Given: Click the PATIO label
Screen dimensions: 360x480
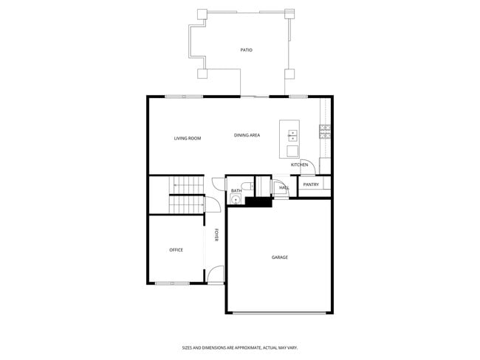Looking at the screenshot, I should tap(246, 50).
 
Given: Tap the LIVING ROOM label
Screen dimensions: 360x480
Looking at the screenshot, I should tap(188, 138).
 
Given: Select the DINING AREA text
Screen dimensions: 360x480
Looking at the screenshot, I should tap(247, 135).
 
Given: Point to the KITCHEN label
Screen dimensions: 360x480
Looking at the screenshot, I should tap(299, 165).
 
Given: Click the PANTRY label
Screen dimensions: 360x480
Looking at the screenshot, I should tap(311, 184).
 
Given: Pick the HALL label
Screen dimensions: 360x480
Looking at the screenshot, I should tap(284, 188).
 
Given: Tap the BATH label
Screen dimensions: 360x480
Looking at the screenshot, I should tap(236, 191).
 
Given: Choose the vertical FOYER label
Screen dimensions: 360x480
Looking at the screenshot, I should tap(216, 235).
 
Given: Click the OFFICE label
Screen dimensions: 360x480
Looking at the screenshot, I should tap(176, 250).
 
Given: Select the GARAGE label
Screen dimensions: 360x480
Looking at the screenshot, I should tap(279, 257).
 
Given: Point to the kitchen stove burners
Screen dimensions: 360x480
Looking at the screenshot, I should tap(324, 131).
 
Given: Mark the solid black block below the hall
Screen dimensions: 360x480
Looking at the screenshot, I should tap(258, 201).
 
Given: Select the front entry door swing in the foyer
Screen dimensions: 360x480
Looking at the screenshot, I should tap(215, 274).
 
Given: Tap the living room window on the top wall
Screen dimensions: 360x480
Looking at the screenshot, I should tap(184, 97).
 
